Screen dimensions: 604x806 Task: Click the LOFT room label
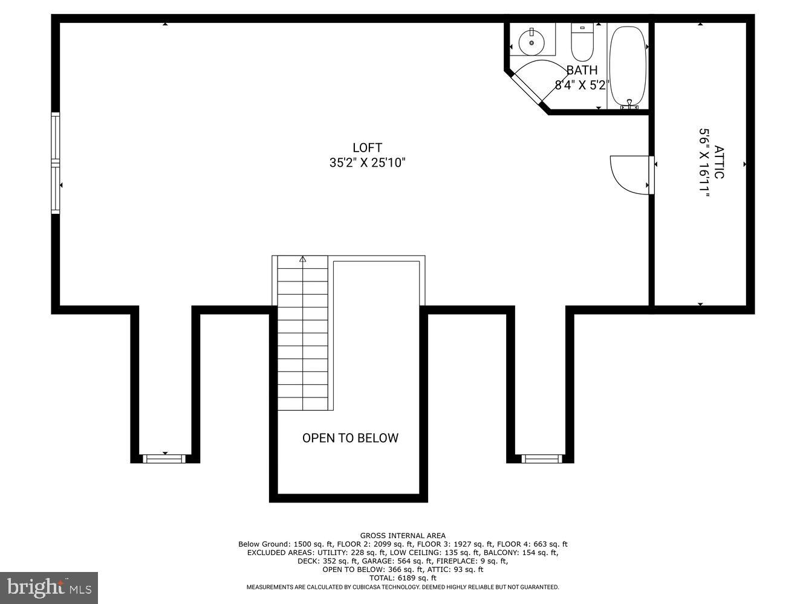point(367,147)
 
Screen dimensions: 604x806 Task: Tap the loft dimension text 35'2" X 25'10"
point(367,162)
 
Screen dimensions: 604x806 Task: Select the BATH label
point(582,70)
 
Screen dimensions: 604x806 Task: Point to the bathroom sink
point(532,41)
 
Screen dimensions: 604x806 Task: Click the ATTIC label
point(718,162)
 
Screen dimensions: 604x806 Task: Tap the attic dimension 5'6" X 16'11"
point(703,162)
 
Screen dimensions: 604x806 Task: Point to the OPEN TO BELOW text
point(350,438)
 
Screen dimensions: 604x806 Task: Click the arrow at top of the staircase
point(302,260)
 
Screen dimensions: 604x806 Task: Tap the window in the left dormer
point(164,458)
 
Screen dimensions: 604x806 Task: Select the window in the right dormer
point(541,458)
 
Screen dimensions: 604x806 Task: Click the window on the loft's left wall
point(56,163)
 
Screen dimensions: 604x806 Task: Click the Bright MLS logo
point(48,587)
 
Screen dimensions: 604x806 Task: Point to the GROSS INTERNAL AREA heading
point(403,535)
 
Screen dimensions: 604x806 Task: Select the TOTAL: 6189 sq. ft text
point(403,578)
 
